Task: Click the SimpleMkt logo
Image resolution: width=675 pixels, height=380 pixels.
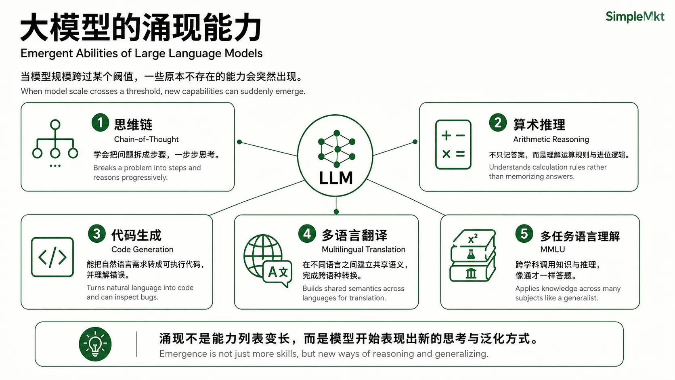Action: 635,17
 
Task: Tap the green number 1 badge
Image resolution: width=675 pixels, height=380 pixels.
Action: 101,122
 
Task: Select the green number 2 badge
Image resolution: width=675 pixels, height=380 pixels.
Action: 498,122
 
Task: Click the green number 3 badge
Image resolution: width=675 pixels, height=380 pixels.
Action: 97,233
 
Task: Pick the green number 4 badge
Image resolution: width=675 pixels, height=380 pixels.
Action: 307,233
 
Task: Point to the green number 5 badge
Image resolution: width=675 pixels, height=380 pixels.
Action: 524,233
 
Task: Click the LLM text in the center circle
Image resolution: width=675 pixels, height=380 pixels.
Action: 336,178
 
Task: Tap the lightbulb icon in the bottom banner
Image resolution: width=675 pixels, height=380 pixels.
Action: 95,344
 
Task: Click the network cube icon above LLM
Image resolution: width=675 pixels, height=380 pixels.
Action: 337,149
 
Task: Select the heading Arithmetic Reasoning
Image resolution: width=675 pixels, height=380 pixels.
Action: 551,139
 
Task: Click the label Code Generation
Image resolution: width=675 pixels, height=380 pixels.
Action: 142,250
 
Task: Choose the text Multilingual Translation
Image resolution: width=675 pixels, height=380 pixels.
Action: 363,250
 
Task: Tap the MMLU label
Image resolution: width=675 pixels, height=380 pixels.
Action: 552,250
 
